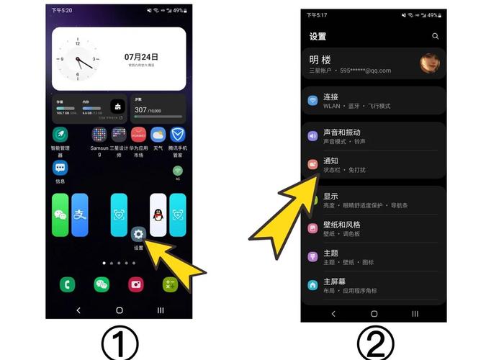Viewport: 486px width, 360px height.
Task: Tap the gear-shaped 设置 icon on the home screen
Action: pyautogui.click(x=139, y=234)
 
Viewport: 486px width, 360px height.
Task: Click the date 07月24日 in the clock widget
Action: pyautogui.click(x=141, y=56)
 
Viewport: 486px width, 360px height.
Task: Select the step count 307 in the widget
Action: pyautogui.click(x=141, y=110)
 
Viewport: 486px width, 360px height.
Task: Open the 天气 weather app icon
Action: pyautogui.click(x=158, y=135)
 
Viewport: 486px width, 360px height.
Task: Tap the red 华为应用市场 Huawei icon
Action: pyautogui.click(x=138, y=135)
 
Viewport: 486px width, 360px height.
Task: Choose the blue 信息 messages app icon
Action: pyautogui.click(x=60, y=168)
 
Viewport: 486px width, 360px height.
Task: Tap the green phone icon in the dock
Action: pyautogui.click(x=68, y=284)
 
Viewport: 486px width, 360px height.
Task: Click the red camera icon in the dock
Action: pyautogui.click(x=136, y=284)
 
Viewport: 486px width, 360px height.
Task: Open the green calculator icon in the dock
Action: pyautogui.click(x=171, y=284)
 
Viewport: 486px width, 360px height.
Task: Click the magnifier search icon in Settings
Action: pyautogui.click(x=435, y=36)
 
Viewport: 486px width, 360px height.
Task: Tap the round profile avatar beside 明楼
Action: pyautogui.click(x=430, y=64)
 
